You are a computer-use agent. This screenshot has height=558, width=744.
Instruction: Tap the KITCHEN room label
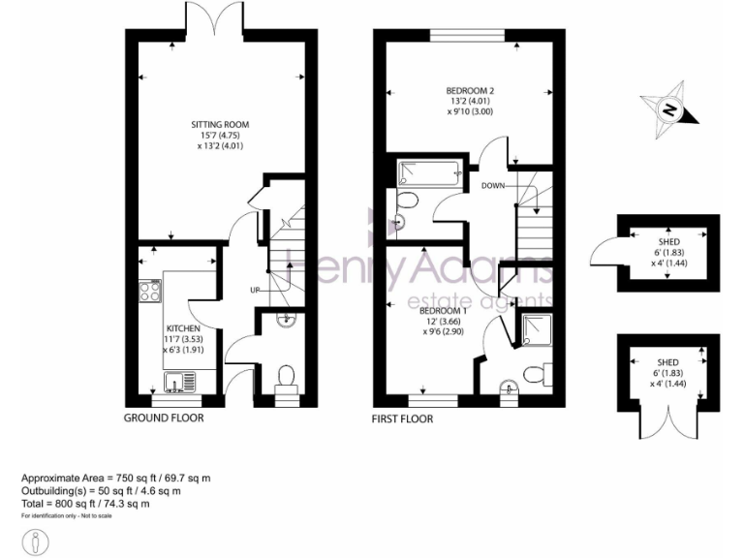coord(182,328)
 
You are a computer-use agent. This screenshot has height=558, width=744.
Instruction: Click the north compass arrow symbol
coord(668,110)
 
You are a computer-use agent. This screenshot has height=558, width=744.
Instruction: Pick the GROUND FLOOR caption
coord(164,418)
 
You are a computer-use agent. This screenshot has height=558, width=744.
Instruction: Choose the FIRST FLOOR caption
coord(403,419)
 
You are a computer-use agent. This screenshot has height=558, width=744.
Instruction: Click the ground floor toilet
coord(285,376)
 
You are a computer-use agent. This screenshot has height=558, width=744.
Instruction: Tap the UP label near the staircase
coord(255,290)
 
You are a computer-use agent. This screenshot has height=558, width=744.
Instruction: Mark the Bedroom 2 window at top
coord(468,36)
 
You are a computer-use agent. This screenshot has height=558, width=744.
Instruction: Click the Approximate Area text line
coord(116,479)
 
